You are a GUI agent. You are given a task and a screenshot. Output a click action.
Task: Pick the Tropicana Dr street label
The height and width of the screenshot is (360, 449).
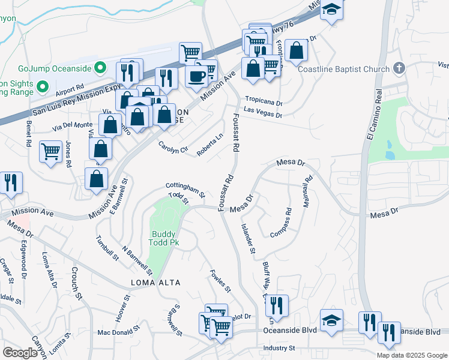pos(263,101)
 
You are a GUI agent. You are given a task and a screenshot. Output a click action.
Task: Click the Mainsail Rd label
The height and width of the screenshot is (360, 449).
pos(308,191)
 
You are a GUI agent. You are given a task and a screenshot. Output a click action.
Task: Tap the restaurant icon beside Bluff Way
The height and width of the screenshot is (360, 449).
pos(276,305)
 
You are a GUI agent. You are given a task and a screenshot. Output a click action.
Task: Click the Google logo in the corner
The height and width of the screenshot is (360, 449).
pos(21,353)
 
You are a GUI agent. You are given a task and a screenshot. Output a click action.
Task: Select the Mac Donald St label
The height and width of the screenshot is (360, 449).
pos(119,332)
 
